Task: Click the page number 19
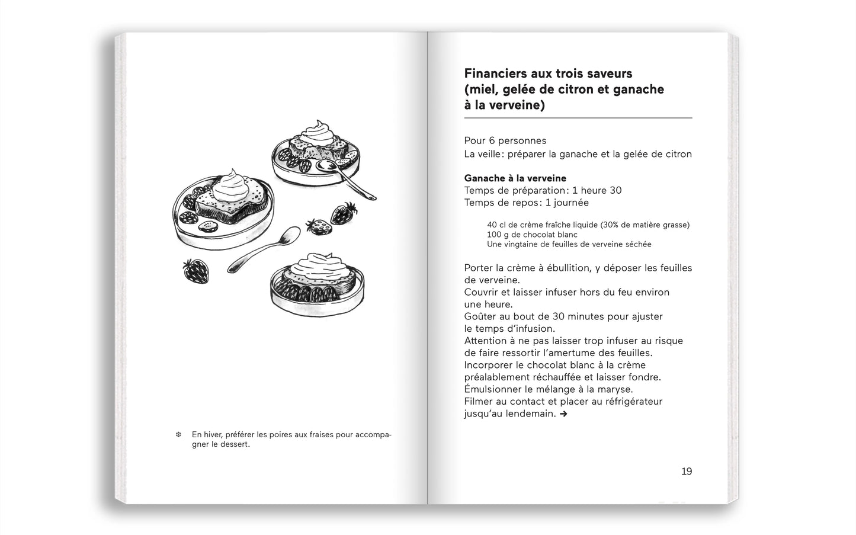point(686,472)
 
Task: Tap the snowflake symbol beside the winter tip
point(178,435)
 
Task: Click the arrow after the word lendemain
point(563,414)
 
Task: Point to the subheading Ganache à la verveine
point(515,178)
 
